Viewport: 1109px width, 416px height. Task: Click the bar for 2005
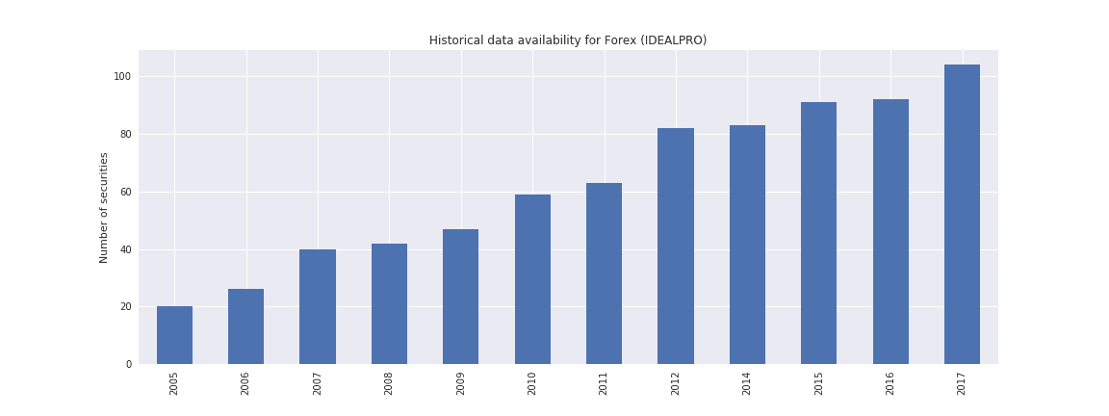pos(174,335)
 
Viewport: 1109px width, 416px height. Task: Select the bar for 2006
pos(246,326)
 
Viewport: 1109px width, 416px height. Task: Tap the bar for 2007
pos(318,306)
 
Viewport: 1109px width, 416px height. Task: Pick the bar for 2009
pos(460,297)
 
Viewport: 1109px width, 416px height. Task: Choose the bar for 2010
pos(532,279)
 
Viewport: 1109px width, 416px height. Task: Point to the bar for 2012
pos(676,246)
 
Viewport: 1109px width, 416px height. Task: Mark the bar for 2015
pos(818,233)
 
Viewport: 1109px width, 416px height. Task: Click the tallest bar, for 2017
pos(962,214)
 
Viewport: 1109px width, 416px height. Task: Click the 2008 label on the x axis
pos(389,383)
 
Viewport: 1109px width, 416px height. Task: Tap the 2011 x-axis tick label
pos(604,383)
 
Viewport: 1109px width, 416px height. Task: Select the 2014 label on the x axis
pos(747,383)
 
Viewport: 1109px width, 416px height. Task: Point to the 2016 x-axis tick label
pos(890,383)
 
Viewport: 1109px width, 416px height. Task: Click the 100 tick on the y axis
pos(122,77)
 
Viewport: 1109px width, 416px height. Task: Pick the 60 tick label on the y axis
pos(125,192)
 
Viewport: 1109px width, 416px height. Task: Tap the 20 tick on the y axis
pos(125,307)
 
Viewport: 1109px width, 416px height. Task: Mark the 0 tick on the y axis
pos(128,365)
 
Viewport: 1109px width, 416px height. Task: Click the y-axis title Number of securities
pos(104,207)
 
